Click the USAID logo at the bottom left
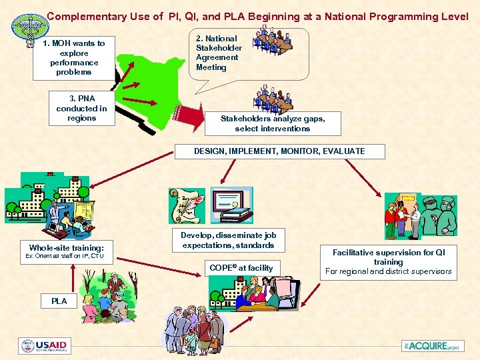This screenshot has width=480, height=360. (45, 346)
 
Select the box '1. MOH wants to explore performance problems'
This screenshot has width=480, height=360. (73, 57)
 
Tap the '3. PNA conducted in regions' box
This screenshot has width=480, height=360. (81, 109)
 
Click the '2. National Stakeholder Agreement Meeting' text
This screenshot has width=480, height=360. (219, 53)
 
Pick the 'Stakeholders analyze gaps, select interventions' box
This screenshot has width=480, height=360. (273, 123)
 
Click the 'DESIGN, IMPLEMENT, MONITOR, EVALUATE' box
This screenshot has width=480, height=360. (279, 151)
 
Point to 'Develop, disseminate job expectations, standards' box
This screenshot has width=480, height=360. (228, 240)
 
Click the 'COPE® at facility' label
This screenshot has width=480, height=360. (241, 267)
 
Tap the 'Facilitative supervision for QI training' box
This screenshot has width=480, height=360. (388, 257)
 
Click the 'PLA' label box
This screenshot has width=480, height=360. (59, 301)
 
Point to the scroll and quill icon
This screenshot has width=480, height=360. (186, 207)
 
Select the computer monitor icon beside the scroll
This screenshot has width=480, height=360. (231, 205)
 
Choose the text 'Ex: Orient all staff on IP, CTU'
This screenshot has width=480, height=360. (65, 256)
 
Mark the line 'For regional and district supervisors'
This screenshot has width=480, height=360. (388, 271)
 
